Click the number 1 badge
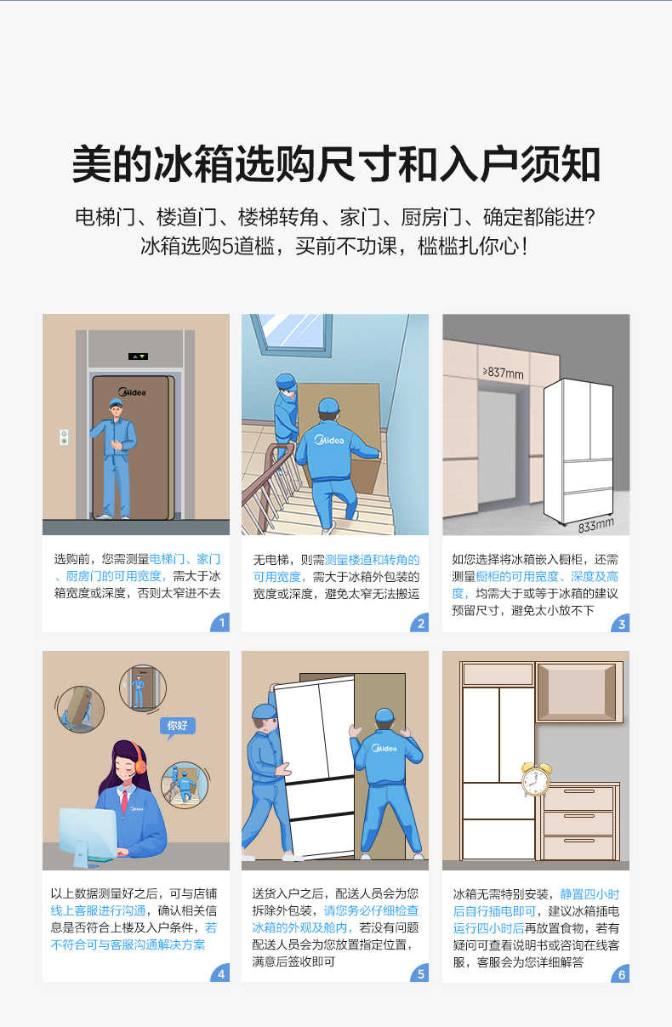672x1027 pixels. [x=221, y=623]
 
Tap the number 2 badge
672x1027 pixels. [x=420, y=623]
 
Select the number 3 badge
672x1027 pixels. [x=621, y=623]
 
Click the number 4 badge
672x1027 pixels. [x=221, y=973]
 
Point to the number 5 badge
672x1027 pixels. [x=420, y=973]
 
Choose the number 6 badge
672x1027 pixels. [x=621, y=973]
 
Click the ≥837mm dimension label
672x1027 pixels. [x=503, y=373]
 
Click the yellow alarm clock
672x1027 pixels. [x=536, y=780]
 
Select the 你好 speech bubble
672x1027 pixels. [x=178, y=727]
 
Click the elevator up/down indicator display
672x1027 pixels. [x=138, y=357]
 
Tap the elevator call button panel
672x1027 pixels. [x=64, y=437]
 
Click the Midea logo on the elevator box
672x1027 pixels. [x=132, y=392]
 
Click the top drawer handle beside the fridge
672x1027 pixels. [x=579, y=792]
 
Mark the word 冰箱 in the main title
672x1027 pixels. [x=195, y=163]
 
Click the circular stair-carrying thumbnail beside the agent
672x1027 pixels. [x=185, y=785]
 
